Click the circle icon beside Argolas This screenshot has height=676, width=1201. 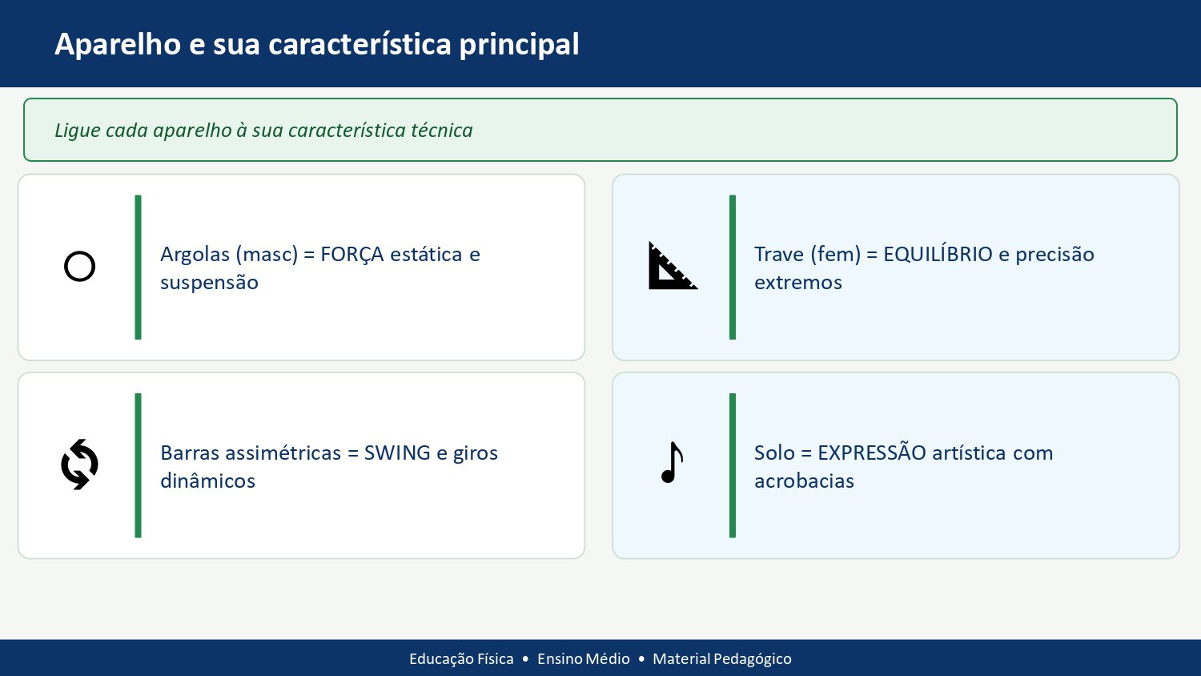click(x=79, y=267)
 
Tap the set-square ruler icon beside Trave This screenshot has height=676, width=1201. click(x=671, y=268)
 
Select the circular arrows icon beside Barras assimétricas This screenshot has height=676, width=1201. click(x=79, y=465)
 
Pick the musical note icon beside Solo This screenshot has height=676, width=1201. click(x=673, y=463)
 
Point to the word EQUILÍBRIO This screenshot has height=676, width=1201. click(x=938, y=255)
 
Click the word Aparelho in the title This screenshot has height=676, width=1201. click(x=118, y=45)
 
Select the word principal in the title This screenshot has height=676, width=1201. click(x=519, y=45)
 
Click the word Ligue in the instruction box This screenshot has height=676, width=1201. click(x=77, y=131)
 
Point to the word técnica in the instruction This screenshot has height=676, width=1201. click(x=441, y=131)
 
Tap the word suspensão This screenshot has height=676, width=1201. click(x=209, y=283)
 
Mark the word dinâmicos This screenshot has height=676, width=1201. click(x=207, y=481)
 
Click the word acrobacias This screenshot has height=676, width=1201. click(x=804, y=481)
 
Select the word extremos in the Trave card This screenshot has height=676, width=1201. click(x=797, y=283)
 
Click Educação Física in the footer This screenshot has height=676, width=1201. click(x=461, y=659)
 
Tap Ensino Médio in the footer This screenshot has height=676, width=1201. click(x=583, y=659)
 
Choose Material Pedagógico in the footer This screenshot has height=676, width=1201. click(x=721, y=659)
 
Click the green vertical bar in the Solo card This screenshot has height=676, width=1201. click(x=732, y=465)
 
